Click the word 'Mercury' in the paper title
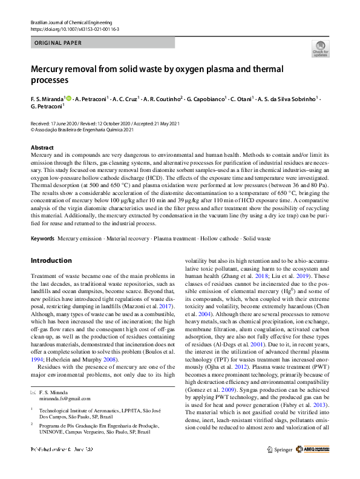(x=51, y=68)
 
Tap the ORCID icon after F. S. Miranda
(x=68, y=98)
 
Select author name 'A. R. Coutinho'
(x=162, y=98)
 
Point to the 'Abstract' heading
(x=42, y=148)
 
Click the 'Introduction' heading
(x=51, y=261)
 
